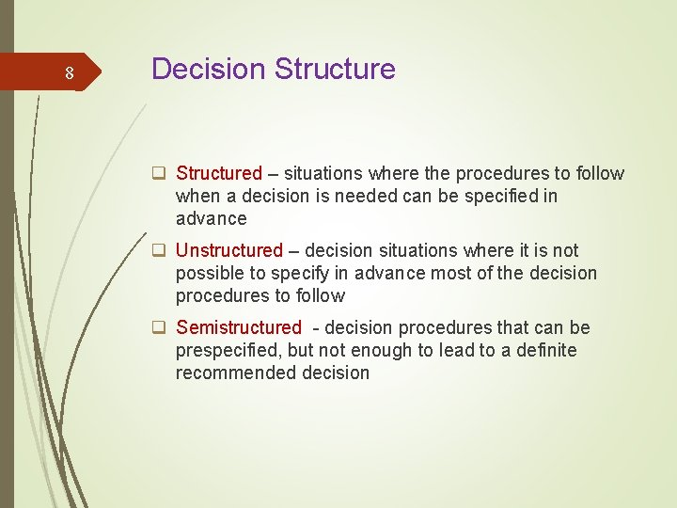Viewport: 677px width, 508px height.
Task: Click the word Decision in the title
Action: pyautogui.click(x=208, y=69)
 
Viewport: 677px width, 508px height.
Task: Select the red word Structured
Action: pyautogui.click(x=218, y=173)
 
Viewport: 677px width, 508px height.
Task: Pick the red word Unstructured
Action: pyautogui.click(x=228, y=250)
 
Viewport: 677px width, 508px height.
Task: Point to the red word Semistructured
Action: pyautogui.click(x=238, y=327)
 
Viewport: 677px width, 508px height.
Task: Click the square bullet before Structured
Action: pyautogui.click(x=160, y=173)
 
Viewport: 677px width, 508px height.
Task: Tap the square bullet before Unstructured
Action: pyautogui.click(x=160, y=250)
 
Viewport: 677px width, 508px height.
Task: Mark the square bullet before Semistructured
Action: pyautogui.click(x=160, y=327)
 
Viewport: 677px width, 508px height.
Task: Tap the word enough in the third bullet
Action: pyautogui.click(x=380, y=350)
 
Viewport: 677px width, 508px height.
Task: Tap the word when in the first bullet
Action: pyautogui.click(x=197, y=196)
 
